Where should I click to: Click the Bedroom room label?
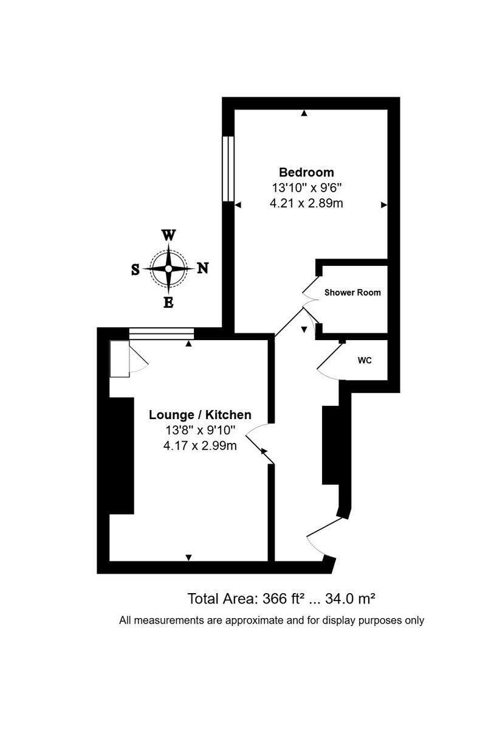click(306, 172)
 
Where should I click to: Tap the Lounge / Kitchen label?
click(200, 415)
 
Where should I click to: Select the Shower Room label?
click(352, 293)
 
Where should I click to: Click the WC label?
click(365, 360)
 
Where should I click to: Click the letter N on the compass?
click(202, 268)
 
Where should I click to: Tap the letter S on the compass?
click(135, 269)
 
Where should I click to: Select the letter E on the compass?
click(169, 302)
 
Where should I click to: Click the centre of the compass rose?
click(168, 268)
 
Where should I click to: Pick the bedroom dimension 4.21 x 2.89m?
click(306, 203)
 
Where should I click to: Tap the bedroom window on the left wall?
click(228, 168)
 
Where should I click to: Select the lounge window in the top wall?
click(161, 333)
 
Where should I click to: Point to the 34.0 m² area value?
click(351, 599)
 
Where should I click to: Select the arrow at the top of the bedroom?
click(304, 113)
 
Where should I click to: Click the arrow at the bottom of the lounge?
click(188, 557)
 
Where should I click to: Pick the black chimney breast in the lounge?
click(122, 455)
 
